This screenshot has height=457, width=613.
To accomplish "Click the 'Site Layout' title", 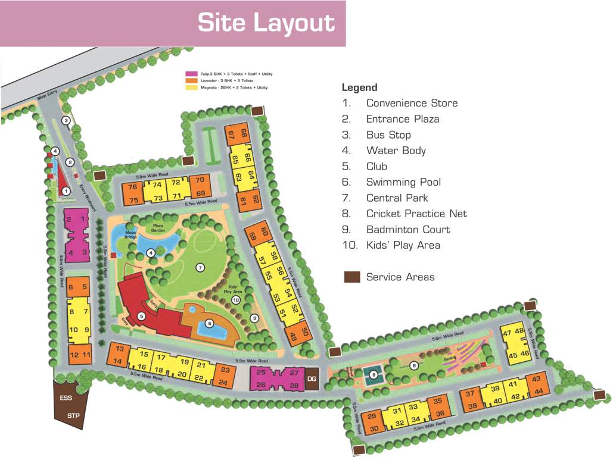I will (x=266, y=23).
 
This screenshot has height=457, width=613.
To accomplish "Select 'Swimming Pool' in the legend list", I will (x=404, y=182).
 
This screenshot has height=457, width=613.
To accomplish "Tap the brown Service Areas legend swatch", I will (x=352, y=277).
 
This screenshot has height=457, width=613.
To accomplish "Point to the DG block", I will (x=311, y=378).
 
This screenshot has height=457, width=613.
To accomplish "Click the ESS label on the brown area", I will (x=65, y=397).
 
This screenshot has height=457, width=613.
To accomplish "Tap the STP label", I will (x=73, y=415).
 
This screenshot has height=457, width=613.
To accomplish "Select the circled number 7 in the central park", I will (x=200, y=267).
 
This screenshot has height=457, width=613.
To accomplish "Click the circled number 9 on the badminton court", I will (x=373, y=374).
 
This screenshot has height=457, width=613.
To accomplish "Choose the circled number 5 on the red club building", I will (x=141, y=316).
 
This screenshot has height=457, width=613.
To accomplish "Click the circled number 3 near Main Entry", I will (x=66, y=121).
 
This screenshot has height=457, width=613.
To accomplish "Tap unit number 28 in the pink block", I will (x=294, y=386).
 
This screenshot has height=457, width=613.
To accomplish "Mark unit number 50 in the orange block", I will (x=305, y=331).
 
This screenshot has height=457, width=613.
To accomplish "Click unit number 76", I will (x=133, y=187).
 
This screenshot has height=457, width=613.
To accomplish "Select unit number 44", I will (x=539, y=391).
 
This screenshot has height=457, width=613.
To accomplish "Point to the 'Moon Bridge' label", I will (x=130, y=234).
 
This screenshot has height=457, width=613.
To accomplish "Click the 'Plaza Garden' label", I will (x=158, y=228).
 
